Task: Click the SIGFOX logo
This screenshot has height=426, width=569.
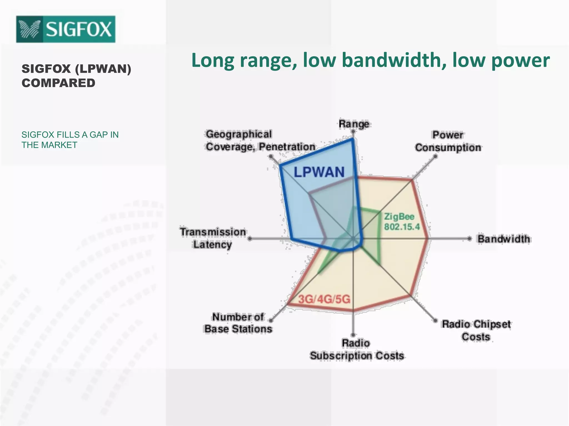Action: point(66,29)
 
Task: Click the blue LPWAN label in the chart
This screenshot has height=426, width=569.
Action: point(319,172)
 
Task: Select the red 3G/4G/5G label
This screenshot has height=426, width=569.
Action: point(324,299)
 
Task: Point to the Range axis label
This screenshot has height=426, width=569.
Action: point(354,124)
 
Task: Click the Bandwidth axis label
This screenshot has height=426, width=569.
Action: point(503,239)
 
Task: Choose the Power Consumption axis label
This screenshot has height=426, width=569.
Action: point(448,141)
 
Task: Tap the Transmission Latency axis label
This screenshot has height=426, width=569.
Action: point(213,238)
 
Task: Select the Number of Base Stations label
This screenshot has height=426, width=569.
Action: point(238,323)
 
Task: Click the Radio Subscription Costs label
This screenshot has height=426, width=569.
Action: point(357,349)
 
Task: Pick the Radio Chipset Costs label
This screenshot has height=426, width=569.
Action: point(476,330)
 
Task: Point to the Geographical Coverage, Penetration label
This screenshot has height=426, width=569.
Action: point(260,140)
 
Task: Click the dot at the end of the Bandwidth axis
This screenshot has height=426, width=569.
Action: point(469,239)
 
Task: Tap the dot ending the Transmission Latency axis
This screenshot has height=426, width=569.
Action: point(250,239)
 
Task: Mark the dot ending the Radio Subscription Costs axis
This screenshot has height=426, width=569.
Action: point(353,335)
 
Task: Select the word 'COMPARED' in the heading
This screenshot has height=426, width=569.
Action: point(58,83)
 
